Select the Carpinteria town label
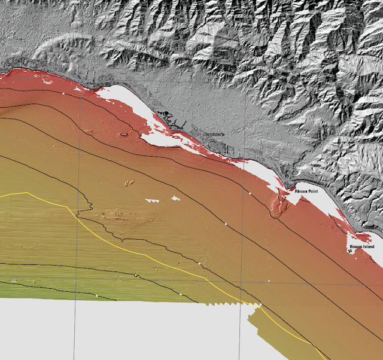coord(213,135)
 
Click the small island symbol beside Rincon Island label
coord(351,251)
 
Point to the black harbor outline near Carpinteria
coord(174,121)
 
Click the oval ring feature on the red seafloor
coord(123,134)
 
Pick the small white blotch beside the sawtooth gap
coord(175,197)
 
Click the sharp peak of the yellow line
coord(26,193)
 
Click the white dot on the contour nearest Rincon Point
coord(250,193)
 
